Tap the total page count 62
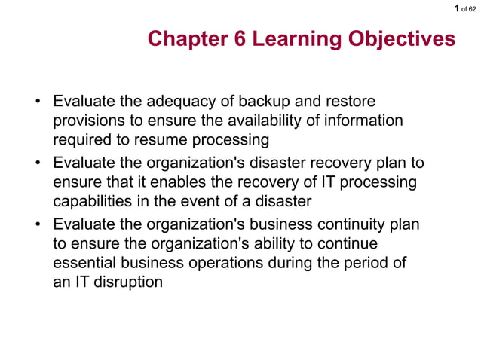click(472, 8)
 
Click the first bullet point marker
click(36, 102)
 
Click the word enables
click(173, 183)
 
